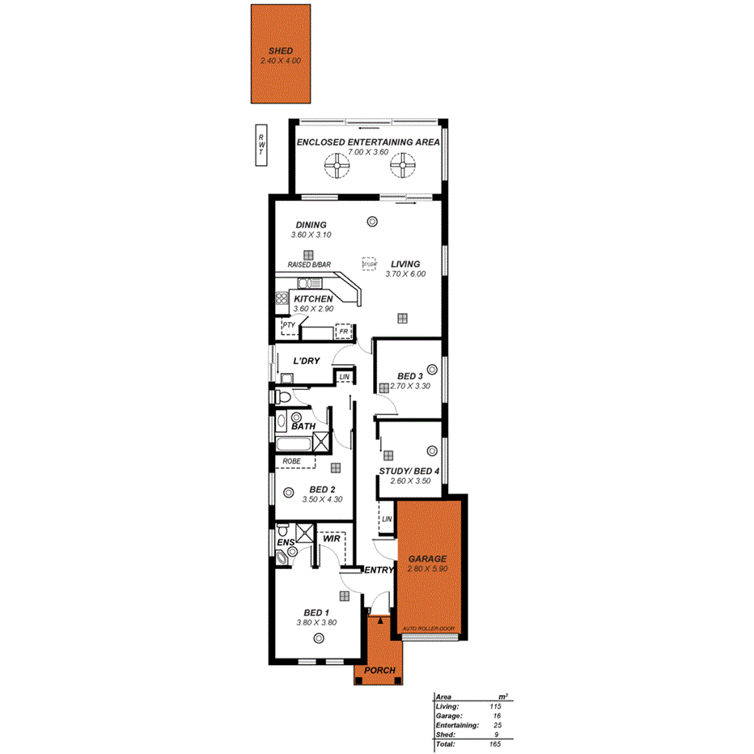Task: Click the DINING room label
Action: [x=311, y=225]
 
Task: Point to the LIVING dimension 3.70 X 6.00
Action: [x=405, y=274]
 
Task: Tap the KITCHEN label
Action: [x=313, y=299]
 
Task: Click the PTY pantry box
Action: [x=287, y=326]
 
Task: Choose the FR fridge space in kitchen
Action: [x=344, y=332]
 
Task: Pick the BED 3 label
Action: [x=409, y=376]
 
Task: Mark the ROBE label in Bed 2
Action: [x=291, y=461]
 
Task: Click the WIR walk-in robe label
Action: [x=330, y=538]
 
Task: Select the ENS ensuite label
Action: [x=284, y=543]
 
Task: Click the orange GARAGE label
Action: [x=428, y=559]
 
